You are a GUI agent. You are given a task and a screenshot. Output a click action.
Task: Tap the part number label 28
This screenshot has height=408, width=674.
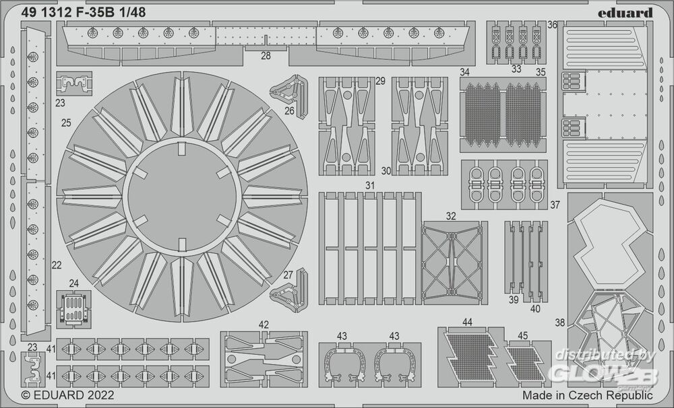[266, 55]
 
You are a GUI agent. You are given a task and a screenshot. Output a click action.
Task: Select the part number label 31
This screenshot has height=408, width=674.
[369, 186]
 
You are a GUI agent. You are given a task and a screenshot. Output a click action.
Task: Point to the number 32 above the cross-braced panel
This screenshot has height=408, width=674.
[450, 216]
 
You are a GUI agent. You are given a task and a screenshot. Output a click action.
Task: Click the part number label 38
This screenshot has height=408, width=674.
[559, 322]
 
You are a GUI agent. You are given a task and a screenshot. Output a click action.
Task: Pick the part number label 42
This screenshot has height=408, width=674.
[264, 325]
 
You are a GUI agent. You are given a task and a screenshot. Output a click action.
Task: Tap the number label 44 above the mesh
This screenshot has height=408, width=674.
[467, 322]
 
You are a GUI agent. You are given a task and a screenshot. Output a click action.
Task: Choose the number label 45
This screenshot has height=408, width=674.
[523, 335]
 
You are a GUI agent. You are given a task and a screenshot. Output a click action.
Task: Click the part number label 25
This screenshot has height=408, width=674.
[66, 123]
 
